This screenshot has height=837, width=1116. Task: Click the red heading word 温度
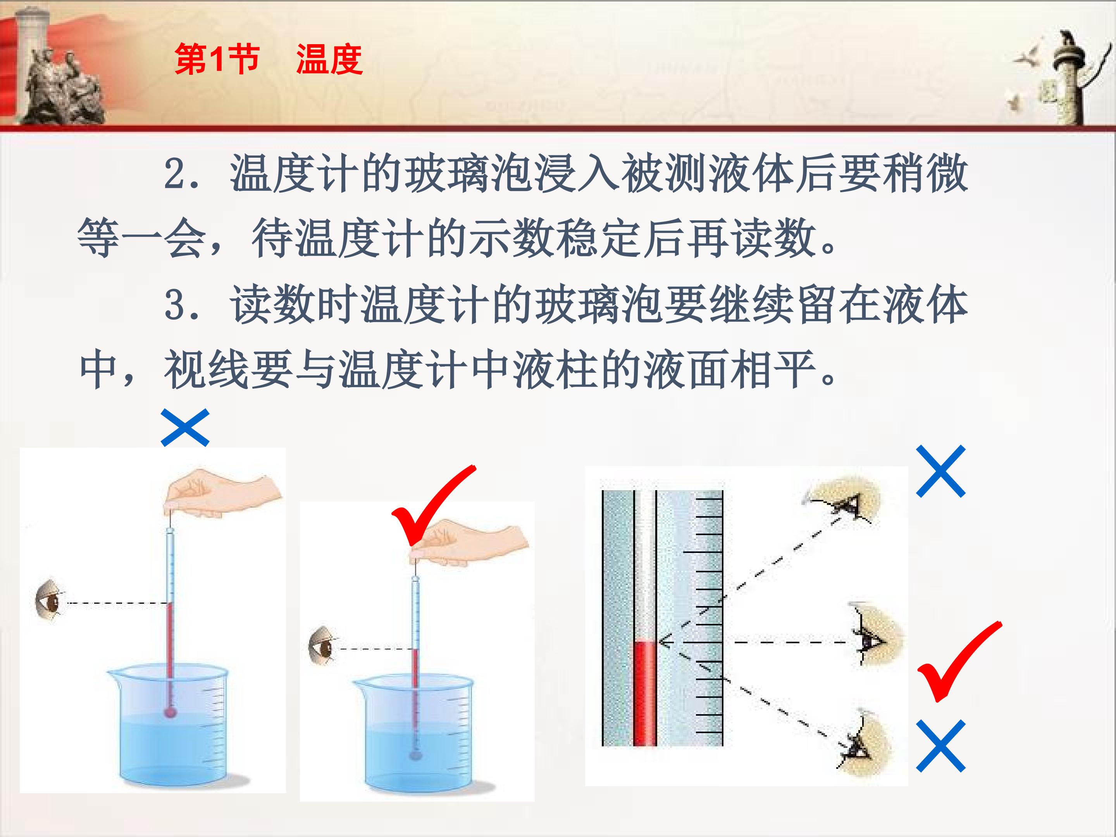pos(329,60)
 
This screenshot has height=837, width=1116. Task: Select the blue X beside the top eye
pos(940,471)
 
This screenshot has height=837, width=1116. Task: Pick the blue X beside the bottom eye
pos(940,746)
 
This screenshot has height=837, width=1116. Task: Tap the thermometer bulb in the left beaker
pos(170,712)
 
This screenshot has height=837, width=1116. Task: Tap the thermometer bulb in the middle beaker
pos(415,755)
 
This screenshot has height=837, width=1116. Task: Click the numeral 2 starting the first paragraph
pos(177,174)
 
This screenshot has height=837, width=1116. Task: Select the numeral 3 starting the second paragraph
pos(177,305)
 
